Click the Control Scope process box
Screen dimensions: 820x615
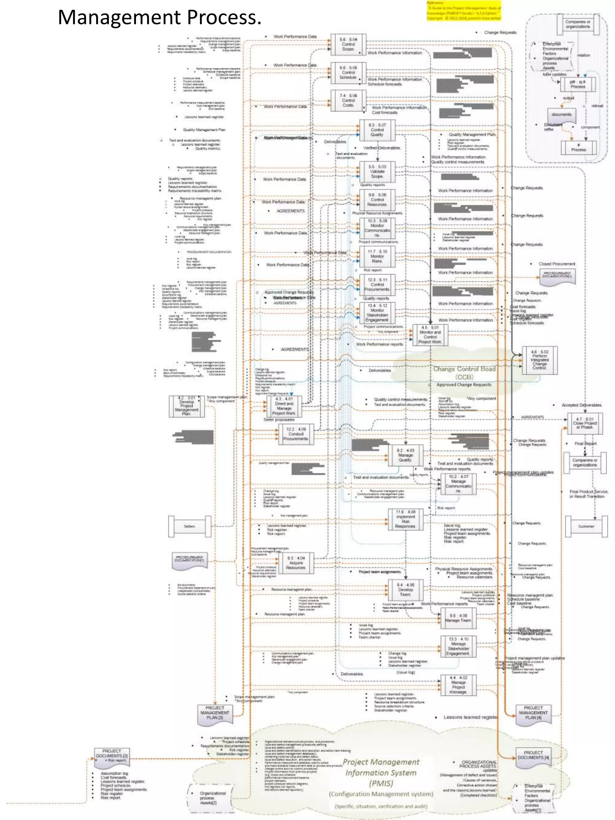(348, 44)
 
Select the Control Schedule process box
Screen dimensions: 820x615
(348, 73)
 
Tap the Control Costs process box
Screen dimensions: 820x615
(348, 100)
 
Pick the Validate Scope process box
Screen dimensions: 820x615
(377, 172)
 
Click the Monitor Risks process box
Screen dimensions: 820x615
(377, 256)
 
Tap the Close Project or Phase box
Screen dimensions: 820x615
(585, 423)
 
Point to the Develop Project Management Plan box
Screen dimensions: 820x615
(186, 406)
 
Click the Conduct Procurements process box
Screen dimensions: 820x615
(296, 434)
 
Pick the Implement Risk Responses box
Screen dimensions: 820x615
(405, 519)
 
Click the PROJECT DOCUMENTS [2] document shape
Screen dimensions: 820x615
(112, 757)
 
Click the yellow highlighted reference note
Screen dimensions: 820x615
(463, 11)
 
